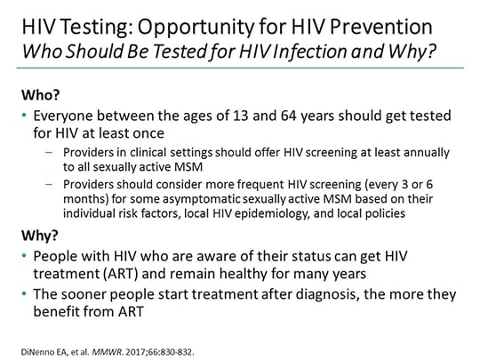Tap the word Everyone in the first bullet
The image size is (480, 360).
coord(62,115)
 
